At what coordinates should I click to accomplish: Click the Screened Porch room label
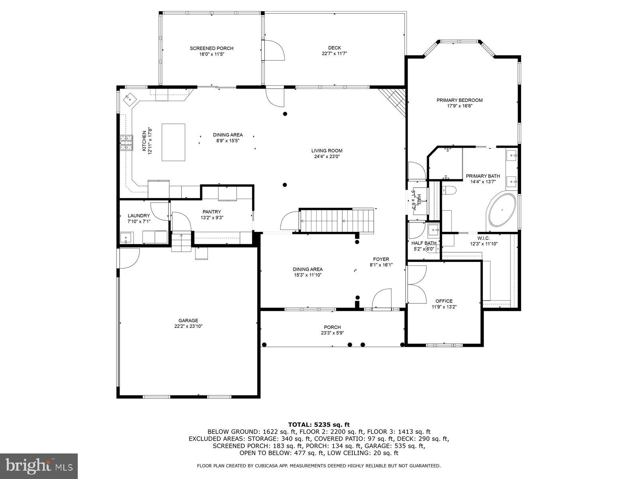(x=211, y=48)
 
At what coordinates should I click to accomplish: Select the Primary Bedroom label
(x=459, y=100)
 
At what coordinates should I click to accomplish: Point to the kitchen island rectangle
(x=173, y=142)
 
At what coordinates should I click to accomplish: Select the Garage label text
(x=188, y=321)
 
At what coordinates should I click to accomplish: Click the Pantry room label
(x=212, y=212)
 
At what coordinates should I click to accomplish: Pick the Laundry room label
(x=139, y=216)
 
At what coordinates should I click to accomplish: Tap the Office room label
(x=444, y=301)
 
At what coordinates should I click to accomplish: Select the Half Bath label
(x=424, y=243)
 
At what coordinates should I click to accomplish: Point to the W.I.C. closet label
(x=484, y=238)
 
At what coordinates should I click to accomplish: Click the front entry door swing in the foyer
(x=382, y=299)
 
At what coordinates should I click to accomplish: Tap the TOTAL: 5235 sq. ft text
(x=319, y=425)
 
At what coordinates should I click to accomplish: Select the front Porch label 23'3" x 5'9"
(x=332, y=330)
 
